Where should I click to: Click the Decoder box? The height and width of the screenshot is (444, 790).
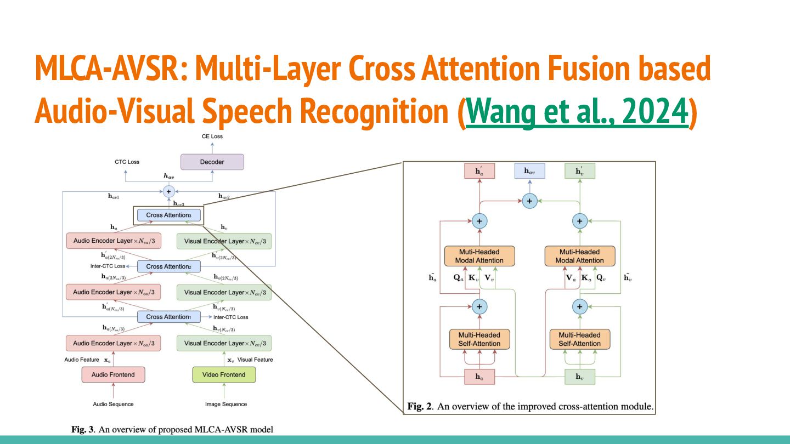tap(212, 162)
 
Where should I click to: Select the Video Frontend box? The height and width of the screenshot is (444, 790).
tap(224, 374)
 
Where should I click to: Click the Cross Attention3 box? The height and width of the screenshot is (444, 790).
tap(168, 215)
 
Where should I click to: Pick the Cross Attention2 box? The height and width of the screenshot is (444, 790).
tap(168, 266)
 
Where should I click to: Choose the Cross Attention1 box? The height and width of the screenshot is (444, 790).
tap(168, 317)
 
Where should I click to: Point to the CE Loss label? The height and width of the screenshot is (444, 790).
tap(212, 136)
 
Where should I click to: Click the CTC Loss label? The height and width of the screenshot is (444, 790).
tap(127, 162)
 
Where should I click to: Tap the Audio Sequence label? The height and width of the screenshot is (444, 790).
tap(113, 404)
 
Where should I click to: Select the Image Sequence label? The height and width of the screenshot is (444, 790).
tap(225, 404)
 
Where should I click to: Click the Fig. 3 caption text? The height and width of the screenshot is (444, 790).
tap(172, 429)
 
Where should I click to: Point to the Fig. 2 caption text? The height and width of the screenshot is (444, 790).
tap(530, 407)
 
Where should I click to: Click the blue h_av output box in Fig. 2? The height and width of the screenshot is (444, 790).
tap(529, 171)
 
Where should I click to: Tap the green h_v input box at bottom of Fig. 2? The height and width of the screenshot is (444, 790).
tap(580, 377)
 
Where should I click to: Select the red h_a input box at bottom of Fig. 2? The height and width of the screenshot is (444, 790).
tap(479, 377)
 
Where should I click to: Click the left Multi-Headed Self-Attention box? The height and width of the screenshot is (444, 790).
tap(479, 339)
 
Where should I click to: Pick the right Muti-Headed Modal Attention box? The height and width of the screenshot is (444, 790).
tap(580, 256)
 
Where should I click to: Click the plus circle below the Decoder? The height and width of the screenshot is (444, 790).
tap(168, 191)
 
